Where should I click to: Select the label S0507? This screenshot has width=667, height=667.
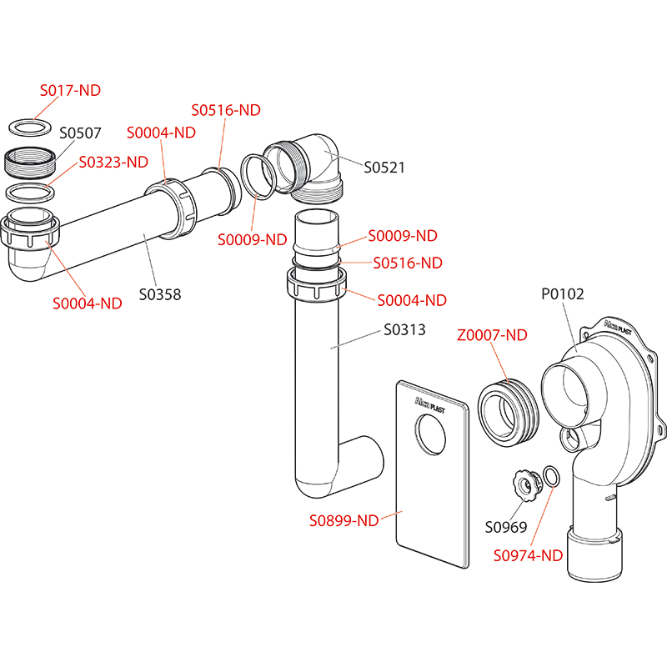(x=80, y=132)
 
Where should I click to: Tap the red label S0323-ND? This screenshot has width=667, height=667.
(x=113, y=162)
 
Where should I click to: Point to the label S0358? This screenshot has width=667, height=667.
(x=159, y=294)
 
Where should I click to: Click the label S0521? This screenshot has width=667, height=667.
(x=384, y=167)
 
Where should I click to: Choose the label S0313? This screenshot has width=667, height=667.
(x=404, y=329)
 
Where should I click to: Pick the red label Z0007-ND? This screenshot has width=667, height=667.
(x=492, y=335)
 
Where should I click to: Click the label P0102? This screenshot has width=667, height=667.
(x=563, y=293)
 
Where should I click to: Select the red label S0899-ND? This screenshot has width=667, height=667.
(x=344, y=521)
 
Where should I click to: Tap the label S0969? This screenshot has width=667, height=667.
(x=506, y=526)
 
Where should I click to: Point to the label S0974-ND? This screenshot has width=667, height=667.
(x=528, y=555)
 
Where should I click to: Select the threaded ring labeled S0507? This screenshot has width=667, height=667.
(x=31, y=160)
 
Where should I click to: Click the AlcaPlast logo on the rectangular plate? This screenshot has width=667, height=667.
(x=432, y=404)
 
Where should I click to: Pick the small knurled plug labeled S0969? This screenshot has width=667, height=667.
(x=524, y=483)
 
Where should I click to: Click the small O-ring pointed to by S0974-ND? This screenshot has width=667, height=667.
(x=551, y=476)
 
